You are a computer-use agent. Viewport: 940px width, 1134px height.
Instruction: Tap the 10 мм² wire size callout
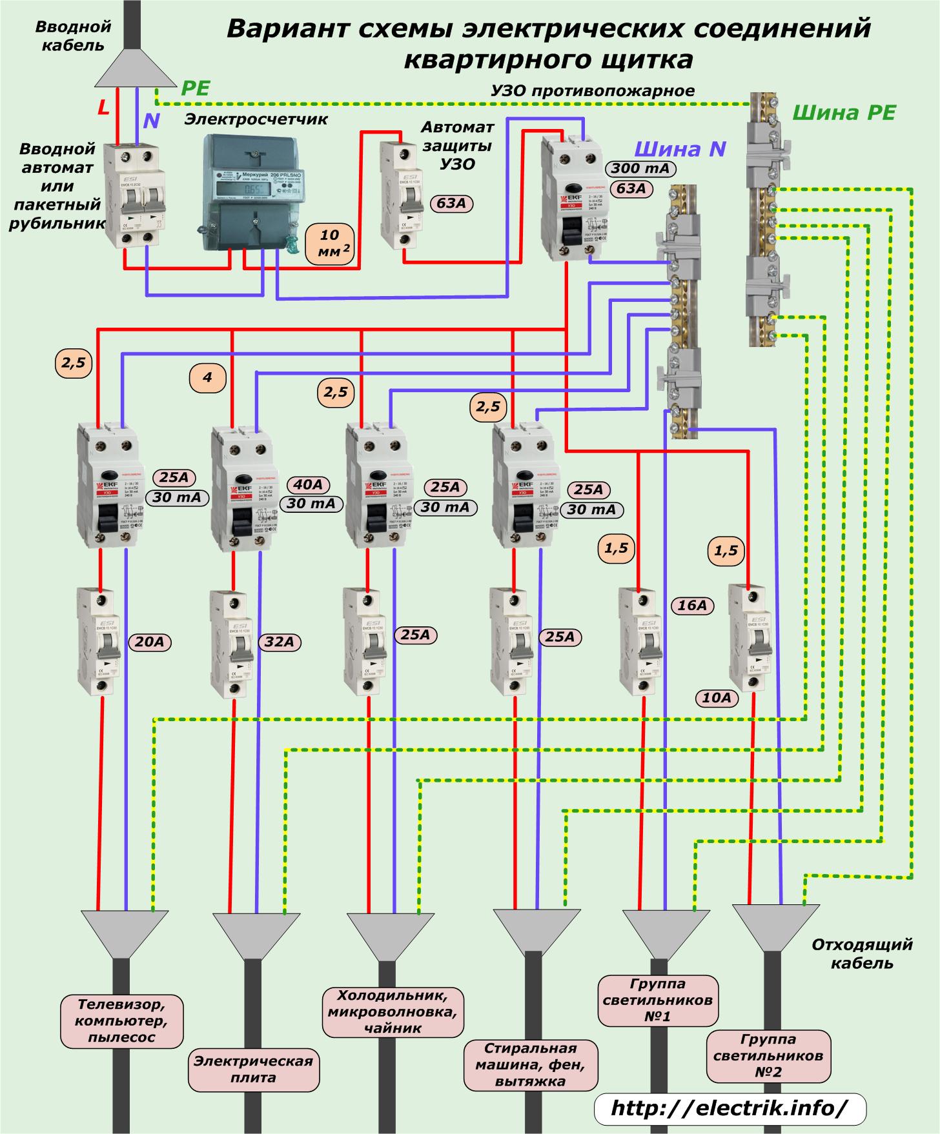pyautogui.click(x=330, y=244)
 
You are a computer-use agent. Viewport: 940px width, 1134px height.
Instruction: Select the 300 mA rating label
pyautogui.click(x=640, y=169)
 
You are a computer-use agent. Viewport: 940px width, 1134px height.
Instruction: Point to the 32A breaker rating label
pyautogui.click(x=280, y=642)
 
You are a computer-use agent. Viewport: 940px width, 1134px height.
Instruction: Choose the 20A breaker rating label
pyautogui.click(x=150, y=642)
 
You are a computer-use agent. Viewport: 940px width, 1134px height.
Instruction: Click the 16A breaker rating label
pyautogui.click(x=693, y=606)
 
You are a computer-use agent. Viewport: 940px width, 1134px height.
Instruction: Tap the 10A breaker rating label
pyautogui.click(x=717, y=697)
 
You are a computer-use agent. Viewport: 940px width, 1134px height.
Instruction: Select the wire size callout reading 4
pyautogui.click(x=207, y=378)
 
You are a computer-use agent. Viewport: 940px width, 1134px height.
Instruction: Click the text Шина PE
pyautogui.click(x=844, y=114)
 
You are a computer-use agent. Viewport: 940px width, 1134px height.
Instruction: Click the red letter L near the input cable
pyautogui.click(x=103, y=108)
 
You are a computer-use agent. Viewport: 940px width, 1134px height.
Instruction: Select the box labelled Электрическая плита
pyautogui.click(x=254, y=1069)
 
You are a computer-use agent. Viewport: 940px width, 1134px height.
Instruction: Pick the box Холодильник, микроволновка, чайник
pyautogui.click(x=393, y=1011)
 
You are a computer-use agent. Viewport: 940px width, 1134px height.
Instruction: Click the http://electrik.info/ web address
pyautogui.click(x=729, y=1108)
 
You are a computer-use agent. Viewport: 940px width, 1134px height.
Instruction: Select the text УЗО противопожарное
pyautogui.click(x=593, y=91)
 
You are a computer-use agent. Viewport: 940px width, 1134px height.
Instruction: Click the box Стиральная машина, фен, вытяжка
pyautogui.click(x=530, y=1064)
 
